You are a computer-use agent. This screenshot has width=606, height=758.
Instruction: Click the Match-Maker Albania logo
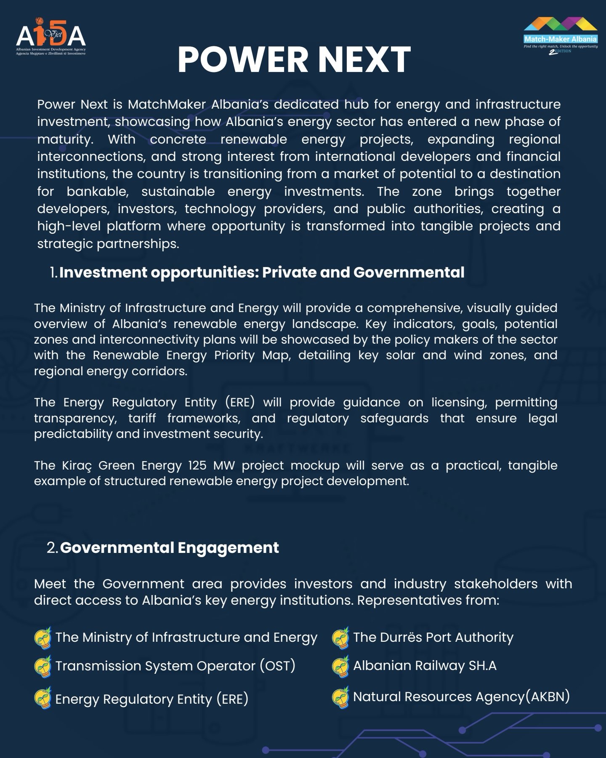560,35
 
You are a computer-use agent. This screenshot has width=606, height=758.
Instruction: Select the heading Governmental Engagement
169,547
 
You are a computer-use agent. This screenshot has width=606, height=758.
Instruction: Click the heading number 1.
53,272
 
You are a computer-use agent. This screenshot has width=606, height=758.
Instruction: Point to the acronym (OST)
277,666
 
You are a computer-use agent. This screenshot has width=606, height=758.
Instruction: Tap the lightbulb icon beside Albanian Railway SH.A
340,666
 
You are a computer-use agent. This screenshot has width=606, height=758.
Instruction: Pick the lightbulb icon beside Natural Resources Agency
340,697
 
